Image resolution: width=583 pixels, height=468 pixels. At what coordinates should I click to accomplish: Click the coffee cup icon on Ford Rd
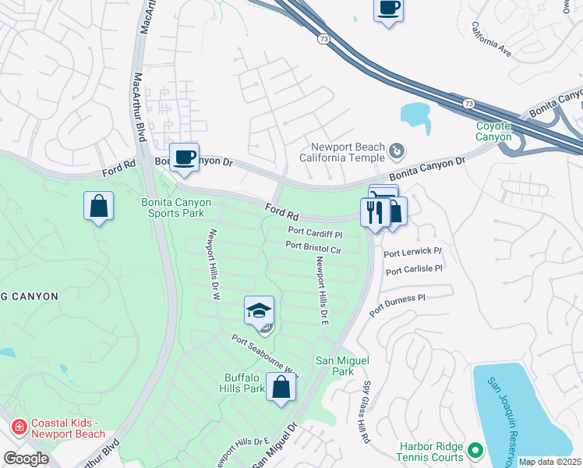pos(184,158)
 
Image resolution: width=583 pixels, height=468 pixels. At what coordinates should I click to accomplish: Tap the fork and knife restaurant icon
pos(375,212)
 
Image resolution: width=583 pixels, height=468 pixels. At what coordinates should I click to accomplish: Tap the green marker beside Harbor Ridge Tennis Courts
pos(475,450)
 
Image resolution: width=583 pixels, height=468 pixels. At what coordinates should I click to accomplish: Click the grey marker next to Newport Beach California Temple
pos(397,149)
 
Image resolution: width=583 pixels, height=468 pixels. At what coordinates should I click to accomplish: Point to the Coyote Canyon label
pos(494,131)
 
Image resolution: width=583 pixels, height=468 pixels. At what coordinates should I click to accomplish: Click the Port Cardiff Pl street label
pos(315,232)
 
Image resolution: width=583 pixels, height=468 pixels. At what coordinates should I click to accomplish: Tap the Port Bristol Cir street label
pos(313,248)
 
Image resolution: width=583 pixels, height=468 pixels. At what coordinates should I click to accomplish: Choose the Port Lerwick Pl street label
pos(412,252)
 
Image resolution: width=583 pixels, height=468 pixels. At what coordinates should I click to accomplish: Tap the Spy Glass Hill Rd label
pos(365,413)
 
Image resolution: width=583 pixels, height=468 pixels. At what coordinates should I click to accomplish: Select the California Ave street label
pos(491,39)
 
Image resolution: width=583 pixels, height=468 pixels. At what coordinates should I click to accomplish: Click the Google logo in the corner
pos(26,458)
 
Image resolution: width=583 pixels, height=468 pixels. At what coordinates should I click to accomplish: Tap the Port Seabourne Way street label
pos(265,355)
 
